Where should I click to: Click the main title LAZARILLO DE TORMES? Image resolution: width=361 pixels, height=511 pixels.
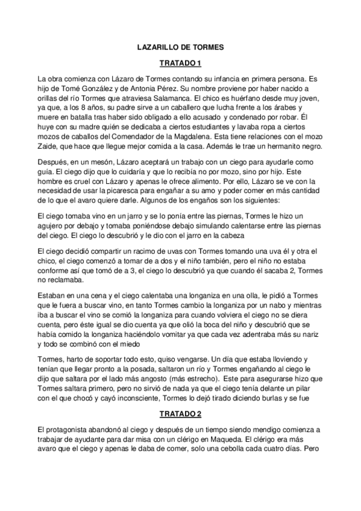[180, 46]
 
